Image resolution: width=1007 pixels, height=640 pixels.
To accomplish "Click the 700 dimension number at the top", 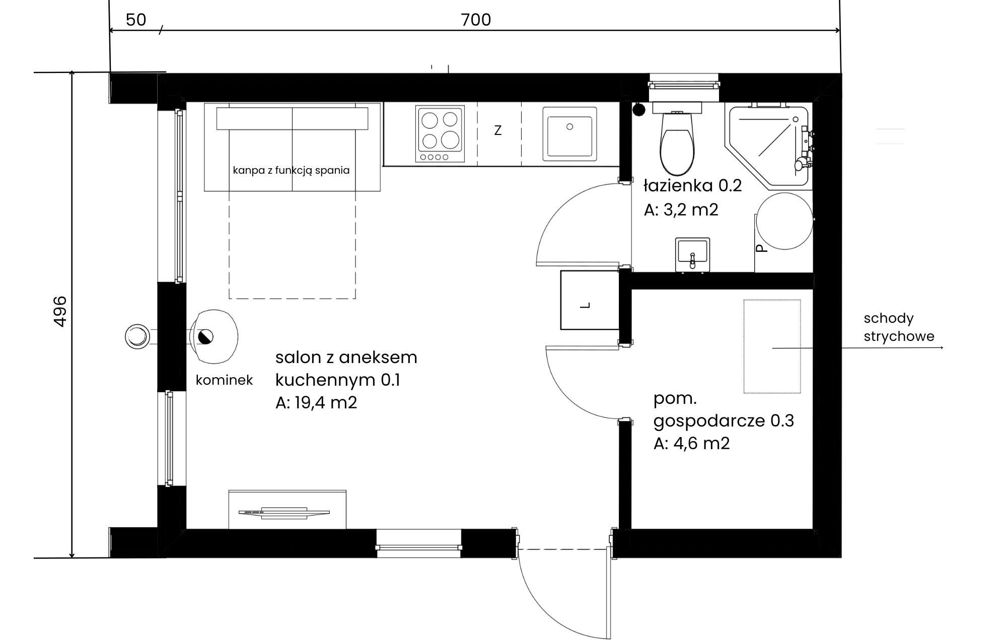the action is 476,20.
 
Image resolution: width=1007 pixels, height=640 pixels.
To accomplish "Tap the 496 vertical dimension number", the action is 60,311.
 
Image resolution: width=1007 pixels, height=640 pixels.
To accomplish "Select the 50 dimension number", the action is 136,20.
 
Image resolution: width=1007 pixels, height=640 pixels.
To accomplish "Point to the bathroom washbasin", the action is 692,255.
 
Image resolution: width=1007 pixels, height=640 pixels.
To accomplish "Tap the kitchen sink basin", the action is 569,134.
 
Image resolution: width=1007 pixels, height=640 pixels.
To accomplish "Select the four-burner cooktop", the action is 440,134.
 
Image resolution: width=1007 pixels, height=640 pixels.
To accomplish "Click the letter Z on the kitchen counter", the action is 498,130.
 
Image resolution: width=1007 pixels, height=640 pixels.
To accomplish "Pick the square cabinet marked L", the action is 590,300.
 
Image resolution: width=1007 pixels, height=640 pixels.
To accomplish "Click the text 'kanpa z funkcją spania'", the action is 291,170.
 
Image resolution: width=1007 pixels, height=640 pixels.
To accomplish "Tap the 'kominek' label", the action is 224,380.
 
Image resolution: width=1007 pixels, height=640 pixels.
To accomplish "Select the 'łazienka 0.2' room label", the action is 693,186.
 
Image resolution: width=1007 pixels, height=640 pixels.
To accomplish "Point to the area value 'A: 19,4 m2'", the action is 316,403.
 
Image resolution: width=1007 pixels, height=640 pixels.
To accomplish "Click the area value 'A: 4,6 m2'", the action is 692,444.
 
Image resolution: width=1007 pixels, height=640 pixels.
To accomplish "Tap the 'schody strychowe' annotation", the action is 899,327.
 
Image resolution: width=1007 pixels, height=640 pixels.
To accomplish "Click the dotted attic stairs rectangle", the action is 772,346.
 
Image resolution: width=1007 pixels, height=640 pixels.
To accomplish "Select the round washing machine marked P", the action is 784,221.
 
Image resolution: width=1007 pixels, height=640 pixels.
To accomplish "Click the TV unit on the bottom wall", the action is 287,510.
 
